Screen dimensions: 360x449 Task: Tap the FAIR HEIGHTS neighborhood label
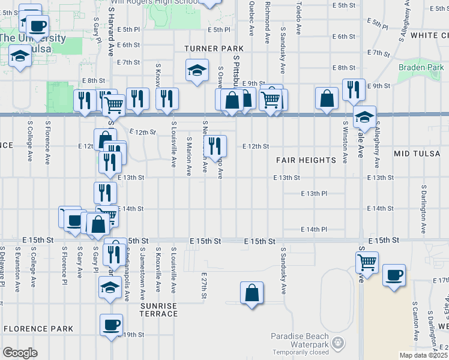[x=306, y=160]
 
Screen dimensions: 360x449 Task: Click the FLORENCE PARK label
[x=38, y=329]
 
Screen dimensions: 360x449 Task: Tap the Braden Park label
[x=421, y=68]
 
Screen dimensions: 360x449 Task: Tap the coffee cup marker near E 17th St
[x=394, y=275]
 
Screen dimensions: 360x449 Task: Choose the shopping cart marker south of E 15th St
[x=366, y=261]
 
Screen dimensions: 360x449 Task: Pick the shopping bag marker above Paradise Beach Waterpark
[x=252, y=293]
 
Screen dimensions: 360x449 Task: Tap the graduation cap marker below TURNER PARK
[x=197, y=70]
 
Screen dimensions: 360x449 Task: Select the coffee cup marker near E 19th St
[x=111, y=325]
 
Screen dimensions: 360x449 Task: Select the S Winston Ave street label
[x=345, y=143]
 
